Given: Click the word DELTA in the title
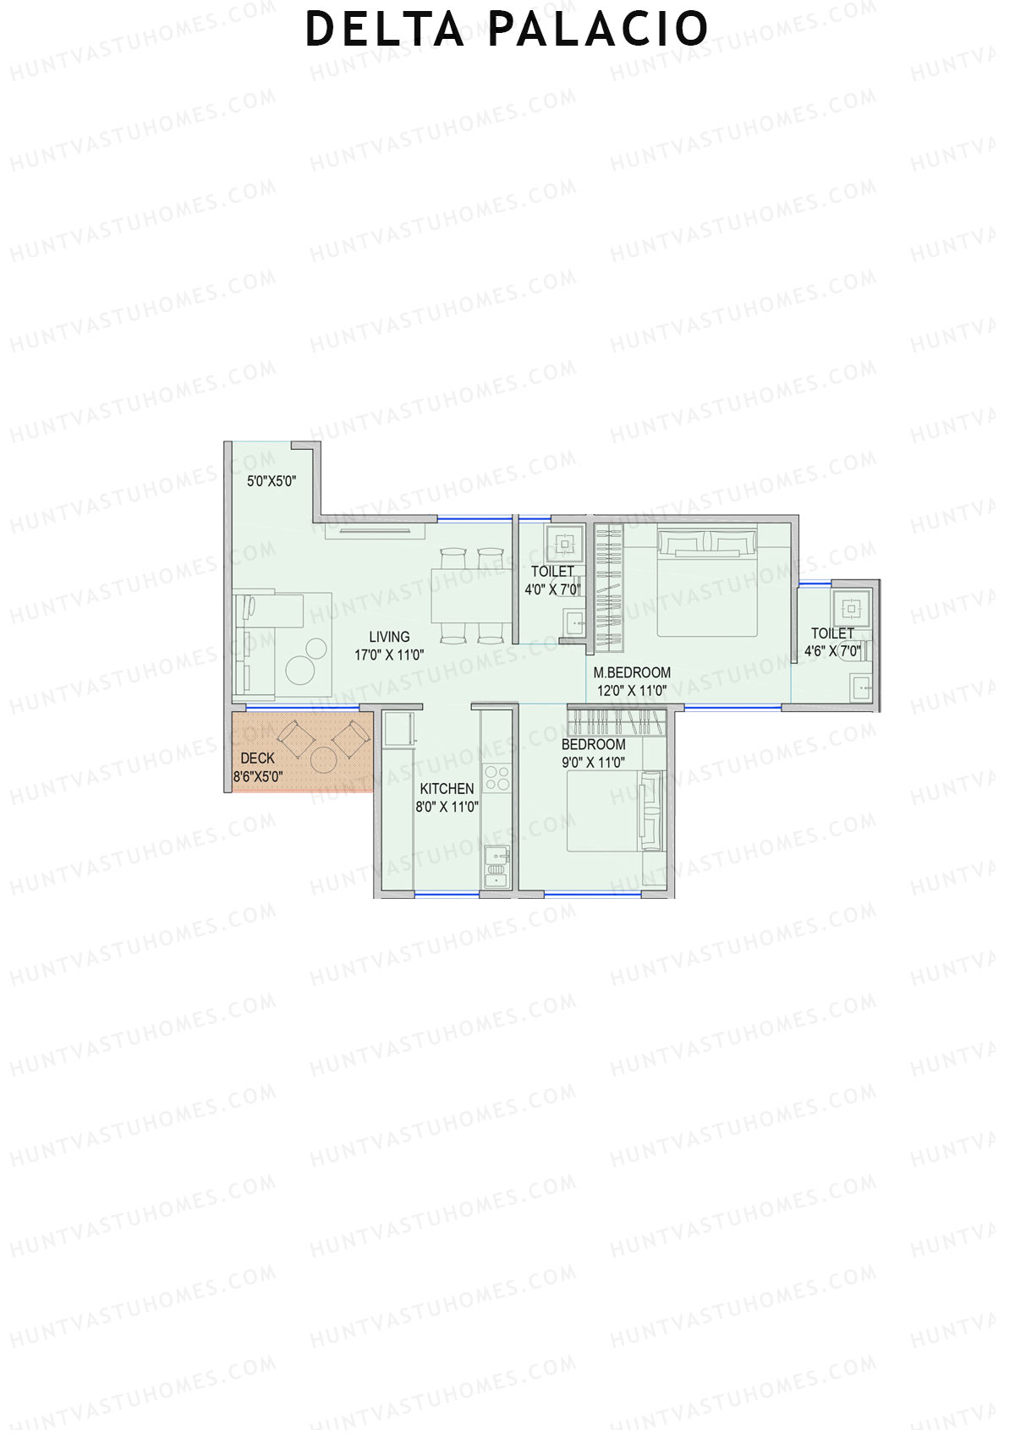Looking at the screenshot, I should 384,29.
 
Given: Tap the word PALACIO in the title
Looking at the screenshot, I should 598,29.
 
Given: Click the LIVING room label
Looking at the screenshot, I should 389,637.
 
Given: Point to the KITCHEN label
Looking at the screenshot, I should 447,788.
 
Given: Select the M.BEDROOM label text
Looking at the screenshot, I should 632,672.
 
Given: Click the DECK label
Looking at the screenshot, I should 257,759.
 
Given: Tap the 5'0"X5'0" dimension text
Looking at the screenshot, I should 272,481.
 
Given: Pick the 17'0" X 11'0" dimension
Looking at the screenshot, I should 389,655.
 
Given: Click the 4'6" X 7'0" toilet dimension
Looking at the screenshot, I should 832,651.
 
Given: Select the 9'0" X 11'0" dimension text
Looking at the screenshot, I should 593,762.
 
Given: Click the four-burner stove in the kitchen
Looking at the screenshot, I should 497,777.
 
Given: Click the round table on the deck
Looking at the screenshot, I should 324,759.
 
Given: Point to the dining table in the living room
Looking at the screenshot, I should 470,595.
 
